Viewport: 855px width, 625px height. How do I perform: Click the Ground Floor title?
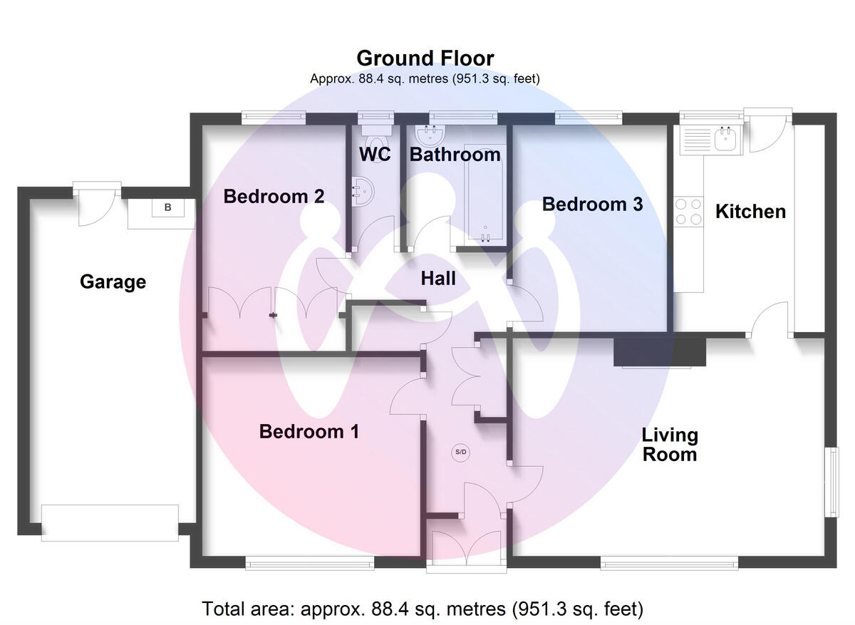coord(425,58)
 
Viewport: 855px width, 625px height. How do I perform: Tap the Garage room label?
coord(113,282)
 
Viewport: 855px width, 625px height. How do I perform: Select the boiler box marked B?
coord(168,208)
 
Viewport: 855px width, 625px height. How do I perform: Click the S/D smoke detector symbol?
coord(462,453)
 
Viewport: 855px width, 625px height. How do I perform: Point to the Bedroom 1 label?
coord(309,432)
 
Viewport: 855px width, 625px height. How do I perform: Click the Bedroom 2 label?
coord(274,196)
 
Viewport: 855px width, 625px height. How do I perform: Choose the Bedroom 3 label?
coord(592,205)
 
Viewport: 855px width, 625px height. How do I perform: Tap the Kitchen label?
coord(750,212)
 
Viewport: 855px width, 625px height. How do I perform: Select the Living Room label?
coord(669,444)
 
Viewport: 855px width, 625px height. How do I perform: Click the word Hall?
coord(437,279)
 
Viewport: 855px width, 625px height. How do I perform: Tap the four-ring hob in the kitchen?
coord(688,211)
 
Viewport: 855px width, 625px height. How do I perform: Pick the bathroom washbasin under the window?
coord(430,134)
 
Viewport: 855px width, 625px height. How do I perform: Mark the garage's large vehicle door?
coord(110,523)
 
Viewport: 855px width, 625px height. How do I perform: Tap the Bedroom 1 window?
coord(310,564)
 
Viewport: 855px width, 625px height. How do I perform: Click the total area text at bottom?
coord(423,609)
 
